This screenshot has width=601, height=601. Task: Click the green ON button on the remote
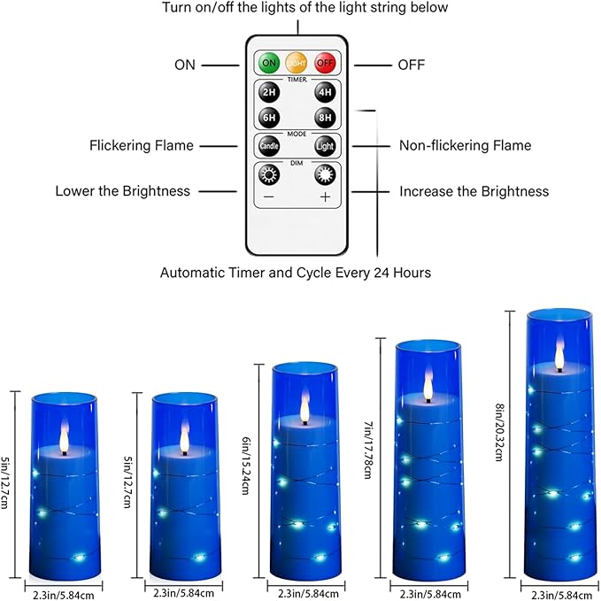268,64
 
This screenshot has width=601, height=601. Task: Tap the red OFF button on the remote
325,64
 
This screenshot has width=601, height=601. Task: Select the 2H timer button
268,91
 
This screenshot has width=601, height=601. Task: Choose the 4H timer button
325,91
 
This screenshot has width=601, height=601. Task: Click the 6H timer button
268,117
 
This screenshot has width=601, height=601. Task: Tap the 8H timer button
325,117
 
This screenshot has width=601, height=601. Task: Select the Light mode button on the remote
325,146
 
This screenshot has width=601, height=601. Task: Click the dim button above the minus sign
268,174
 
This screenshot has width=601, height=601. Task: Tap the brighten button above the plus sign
325,174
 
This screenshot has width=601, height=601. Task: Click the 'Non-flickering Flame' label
465,145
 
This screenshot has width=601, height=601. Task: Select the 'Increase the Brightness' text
474,191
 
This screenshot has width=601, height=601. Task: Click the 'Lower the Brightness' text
122,191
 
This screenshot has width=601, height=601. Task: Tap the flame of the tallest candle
559,355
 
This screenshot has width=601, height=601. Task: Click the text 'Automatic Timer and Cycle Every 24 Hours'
296,273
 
